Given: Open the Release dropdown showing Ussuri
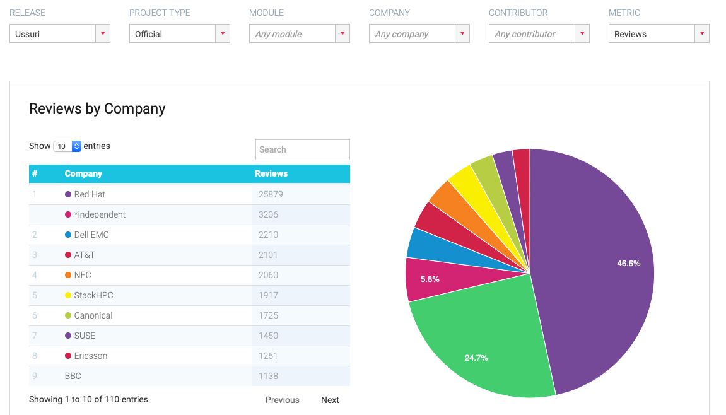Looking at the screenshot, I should click(59, 34).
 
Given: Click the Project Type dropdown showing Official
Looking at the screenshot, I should click(179, 34).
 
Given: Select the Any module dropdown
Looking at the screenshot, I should click(299, 34).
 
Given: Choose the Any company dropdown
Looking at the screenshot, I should click(419, 34).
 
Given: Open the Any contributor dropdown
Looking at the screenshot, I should click(539, 34).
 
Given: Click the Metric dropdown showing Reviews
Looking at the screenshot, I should click(659, 34).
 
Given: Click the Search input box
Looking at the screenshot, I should click(302, 149).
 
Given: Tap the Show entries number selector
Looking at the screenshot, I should click(67, 146).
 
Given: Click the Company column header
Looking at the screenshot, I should click(83, 173).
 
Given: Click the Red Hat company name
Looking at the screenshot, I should click(90, 194).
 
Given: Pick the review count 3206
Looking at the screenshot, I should click(268, 214).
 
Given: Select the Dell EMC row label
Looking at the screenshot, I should click(91, 235).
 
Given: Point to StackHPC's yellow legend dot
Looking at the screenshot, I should click(68, 295).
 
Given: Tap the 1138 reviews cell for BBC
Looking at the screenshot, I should click(268, 376).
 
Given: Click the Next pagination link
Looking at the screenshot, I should click(330, 400).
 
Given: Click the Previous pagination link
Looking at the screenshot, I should click(282, 400).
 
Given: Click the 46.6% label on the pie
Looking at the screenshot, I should click(628, 263).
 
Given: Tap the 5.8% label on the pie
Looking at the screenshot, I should click(430, 279).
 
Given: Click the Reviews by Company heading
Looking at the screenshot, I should click(97, 108).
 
